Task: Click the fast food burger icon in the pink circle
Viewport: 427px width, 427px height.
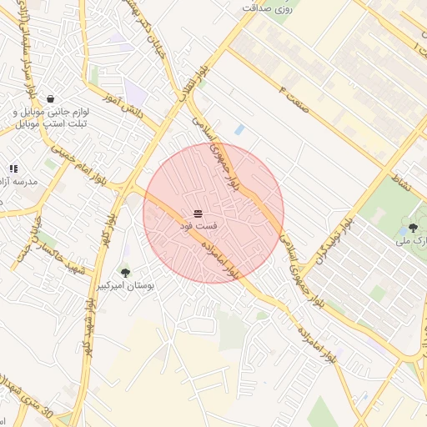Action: tap(198, 214)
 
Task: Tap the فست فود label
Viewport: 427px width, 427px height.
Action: tap(199, 227)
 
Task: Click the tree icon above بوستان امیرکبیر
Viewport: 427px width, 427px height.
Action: tap(125, 273)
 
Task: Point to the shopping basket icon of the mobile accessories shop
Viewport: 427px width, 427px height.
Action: tap(52, 99)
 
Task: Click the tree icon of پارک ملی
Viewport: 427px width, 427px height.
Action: tap(413, 228)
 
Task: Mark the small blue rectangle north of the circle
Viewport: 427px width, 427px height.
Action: tap(240, 129)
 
